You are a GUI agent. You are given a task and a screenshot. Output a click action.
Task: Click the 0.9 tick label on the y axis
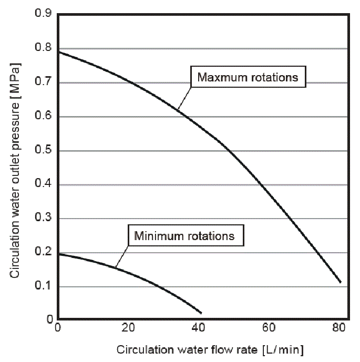pyautogui.click(x=43, y=15)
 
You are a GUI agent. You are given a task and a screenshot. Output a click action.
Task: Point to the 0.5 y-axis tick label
pyautogui.click(x=43, y=151)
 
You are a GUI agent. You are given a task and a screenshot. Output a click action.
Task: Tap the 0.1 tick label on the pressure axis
pyautogui.click(x=43, y=287)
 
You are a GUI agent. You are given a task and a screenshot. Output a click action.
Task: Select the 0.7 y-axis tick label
pyautogui.click(x=43, y=83)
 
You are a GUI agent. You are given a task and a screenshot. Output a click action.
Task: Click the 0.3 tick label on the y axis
pyautogui.click(x=43, y=219)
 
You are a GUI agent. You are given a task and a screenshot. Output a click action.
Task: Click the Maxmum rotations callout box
pyautogui.click(x=248, y=78)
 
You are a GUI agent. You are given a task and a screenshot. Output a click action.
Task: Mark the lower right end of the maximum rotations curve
pyautogui.click(x=341, y=282)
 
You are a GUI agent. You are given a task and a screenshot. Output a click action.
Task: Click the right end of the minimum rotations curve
pyautogui.click(x=201, y=313)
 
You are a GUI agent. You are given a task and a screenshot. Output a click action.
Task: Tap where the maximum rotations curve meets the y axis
pyautogui.click(x=58, y=51)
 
